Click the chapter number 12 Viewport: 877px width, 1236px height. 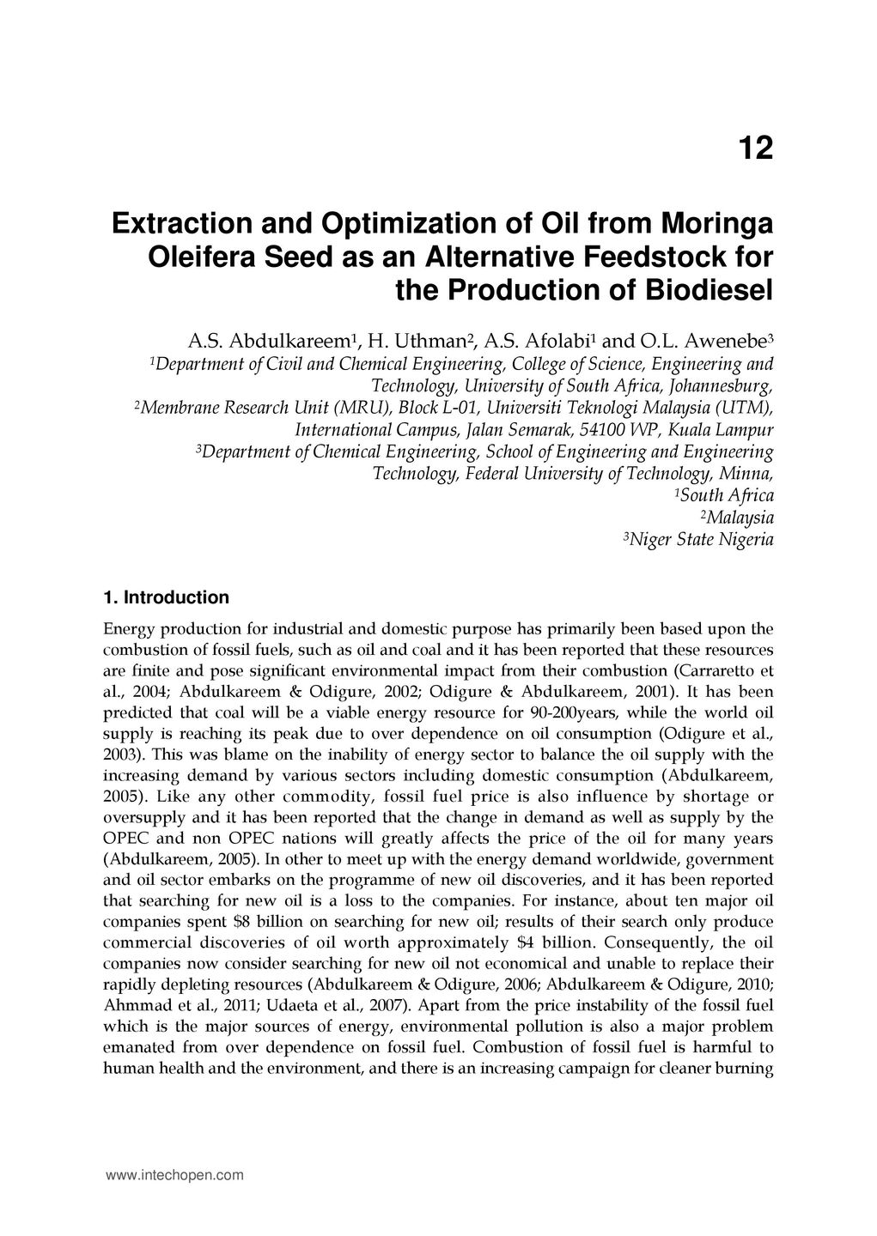click(x=755, y=149)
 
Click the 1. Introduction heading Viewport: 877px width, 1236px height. click(x=166, y=597)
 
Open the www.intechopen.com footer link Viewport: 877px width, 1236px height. click(x=174, y=1176)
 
